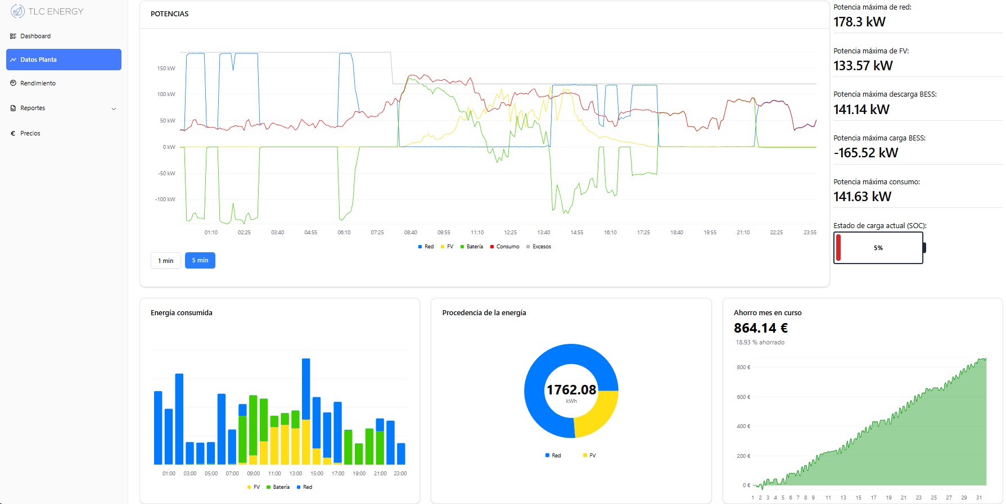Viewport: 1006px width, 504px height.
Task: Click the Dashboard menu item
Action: coord(35,36)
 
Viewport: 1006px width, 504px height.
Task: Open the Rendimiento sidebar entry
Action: coord(38,83)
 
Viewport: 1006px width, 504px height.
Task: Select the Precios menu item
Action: coord(30,133)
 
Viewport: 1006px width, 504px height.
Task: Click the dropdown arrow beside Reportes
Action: coord(114,108)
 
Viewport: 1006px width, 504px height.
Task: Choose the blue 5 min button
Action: coord(200,260)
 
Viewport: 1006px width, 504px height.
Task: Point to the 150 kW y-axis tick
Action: coord(166,69)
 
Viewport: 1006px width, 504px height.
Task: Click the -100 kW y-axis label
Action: coord(165,199)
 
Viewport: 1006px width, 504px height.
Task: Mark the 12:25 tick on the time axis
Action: coord(510,233)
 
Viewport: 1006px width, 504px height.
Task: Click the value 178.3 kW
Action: coord(859,22)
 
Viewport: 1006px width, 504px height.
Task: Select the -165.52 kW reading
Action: coord(865,153)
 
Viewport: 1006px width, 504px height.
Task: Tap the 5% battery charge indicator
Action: coord(878,248)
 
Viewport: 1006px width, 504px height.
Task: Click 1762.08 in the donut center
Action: coord(571,390)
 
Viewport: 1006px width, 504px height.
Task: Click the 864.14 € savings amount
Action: coord(760,328)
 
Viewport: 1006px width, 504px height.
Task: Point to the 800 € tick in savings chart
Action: coord(743,367)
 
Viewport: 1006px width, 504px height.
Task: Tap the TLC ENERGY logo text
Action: coord(56,11)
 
